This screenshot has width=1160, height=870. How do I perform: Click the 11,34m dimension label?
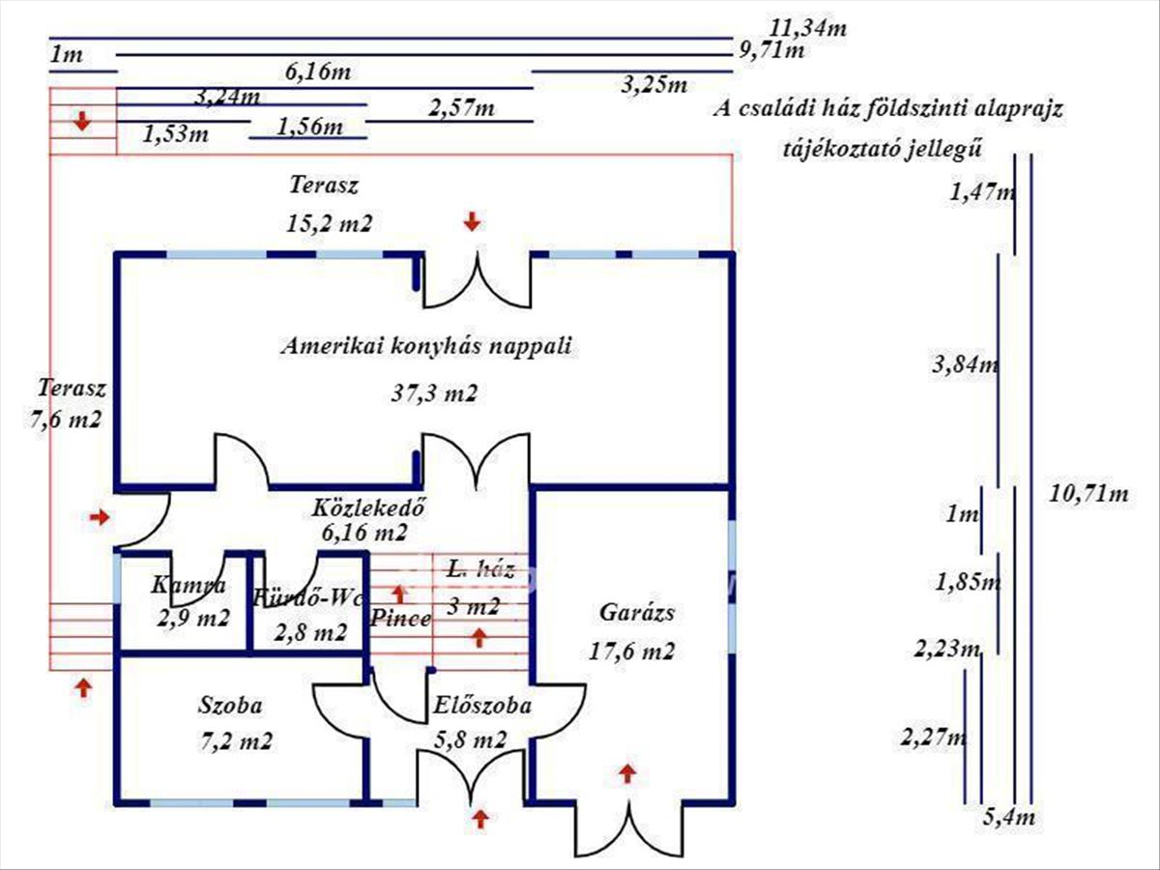tap(808, 28)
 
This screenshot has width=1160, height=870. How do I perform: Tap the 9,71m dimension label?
tap(771, 50)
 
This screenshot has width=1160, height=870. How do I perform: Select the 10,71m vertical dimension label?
tap(1088, 494)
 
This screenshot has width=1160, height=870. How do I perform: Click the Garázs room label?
tap(636, 612)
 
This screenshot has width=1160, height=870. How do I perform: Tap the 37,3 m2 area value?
tap(435, 393)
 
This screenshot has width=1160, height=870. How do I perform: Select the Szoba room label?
tap(231, 705)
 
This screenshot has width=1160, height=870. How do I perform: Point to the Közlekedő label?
tap(369, 507)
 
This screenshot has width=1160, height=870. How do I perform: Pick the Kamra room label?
tap(189, 585)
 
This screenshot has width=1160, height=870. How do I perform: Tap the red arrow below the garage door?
tap(628, 772)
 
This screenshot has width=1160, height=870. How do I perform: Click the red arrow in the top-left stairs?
tap(83, 122)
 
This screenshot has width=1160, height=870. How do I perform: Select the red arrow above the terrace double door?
tap(472, 222)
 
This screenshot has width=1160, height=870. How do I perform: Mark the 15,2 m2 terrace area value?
tap(329, 223)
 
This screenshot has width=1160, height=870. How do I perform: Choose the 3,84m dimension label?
tap(965, 364)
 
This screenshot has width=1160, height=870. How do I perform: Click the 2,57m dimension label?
tap(461, 108)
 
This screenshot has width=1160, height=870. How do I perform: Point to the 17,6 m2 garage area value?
tap(631, 651)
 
